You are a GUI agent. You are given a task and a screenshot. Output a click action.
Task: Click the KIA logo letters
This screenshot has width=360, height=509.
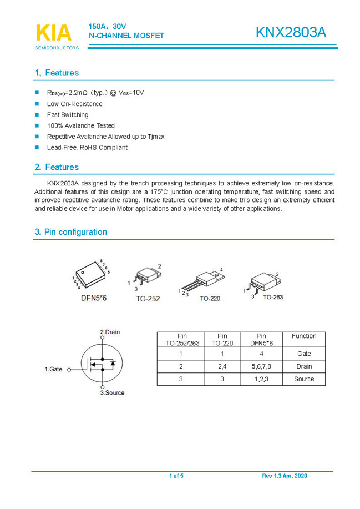54,33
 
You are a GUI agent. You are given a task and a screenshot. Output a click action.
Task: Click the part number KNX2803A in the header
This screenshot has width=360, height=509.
291,33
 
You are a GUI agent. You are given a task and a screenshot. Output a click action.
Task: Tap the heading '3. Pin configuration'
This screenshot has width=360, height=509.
70,232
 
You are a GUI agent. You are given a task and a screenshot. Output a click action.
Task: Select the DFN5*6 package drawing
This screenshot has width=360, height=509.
89,275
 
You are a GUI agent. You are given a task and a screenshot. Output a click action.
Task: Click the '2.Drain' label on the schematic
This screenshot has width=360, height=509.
109,332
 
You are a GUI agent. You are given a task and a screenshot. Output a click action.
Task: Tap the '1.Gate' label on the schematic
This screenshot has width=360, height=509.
54,369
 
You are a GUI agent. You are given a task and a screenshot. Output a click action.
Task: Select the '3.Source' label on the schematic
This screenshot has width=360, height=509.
112,393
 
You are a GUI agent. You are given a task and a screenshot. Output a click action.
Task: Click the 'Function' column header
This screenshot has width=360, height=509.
304,336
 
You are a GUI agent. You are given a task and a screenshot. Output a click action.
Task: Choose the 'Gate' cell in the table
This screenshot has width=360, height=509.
304,354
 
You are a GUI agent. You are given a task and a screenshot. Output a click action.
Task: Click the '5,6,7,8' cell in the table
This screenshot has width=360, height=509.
261,366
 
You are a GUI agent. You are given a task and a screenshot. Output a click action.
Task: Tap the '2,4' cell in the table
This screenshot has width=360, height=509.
222,366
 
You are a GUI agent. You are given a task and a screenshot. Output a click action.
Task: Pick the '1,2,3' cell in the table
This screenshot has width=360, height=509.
261,379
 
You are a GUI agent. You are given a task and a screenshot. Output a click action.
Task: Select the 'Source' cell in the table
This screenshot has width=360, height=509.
304,379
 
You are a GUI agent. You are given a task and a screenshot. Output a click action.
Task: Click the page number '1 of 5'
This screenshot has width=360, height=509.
176,476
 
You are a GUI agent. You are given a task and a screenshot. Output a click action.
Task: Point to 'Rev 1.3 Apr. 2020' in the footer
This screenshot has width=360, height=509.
284,476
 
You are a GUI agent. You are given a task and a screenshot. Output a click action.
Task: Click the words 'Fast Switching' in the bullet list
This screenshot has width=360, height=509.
68,115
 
